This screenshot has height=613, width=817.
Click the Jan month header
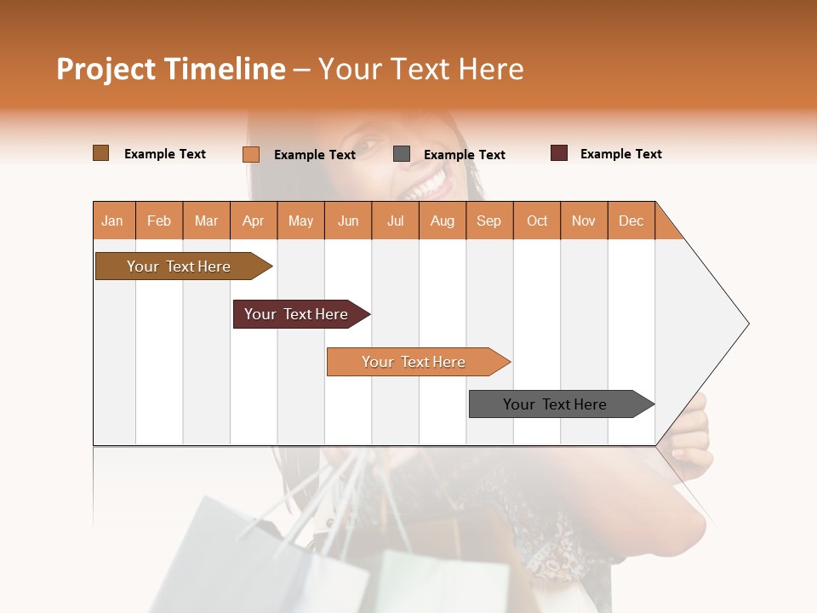113,221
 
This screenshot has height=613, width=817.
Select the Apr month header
254,221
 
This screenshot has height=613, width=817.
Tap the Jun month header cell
348,221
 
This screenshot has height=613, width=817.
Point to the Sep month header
489,221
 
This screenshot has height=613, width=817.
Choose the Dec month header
631,221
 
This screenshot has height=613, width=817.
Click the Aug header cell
443,221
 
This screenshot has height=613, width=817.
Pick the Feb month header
159,221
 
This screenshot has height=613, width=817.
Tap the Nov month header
584,221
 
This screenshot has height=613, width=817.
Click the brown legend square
101,153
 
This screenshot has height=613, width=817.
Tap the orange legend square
251,154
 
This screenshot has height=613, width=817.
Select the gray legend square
402,154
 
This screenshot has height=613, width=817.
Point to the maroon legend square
559,153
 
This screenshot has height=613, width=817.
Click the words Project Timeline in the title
171,69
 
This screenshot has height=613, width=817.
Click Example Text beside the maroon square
620,154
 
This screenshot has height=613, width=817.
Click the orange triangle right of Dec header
666,226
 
